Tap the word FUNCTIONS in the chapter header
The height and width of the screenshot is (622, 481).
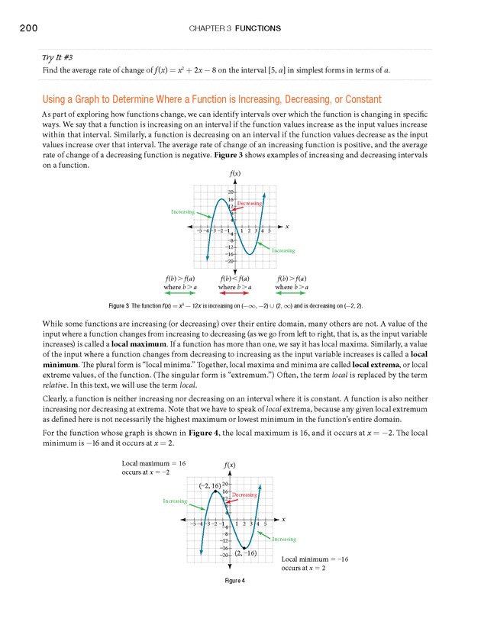tap(258, 29)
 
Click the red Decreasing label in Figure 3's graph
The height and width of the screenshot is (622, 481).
tap(250, 204)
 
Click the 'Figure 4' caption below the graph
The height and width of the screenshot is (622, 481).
tap(234, 582)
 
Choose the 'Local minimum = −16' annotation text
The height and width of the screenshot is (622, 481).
tap(315, 559)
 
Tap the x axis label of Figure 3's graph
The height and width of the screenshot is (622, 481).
tap(287, 227)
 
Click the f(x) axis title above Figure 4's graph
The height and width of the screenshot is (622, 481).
tap(229, 465)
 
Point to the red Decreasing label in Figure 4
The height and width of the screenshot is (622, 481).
tap(244, 495)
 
